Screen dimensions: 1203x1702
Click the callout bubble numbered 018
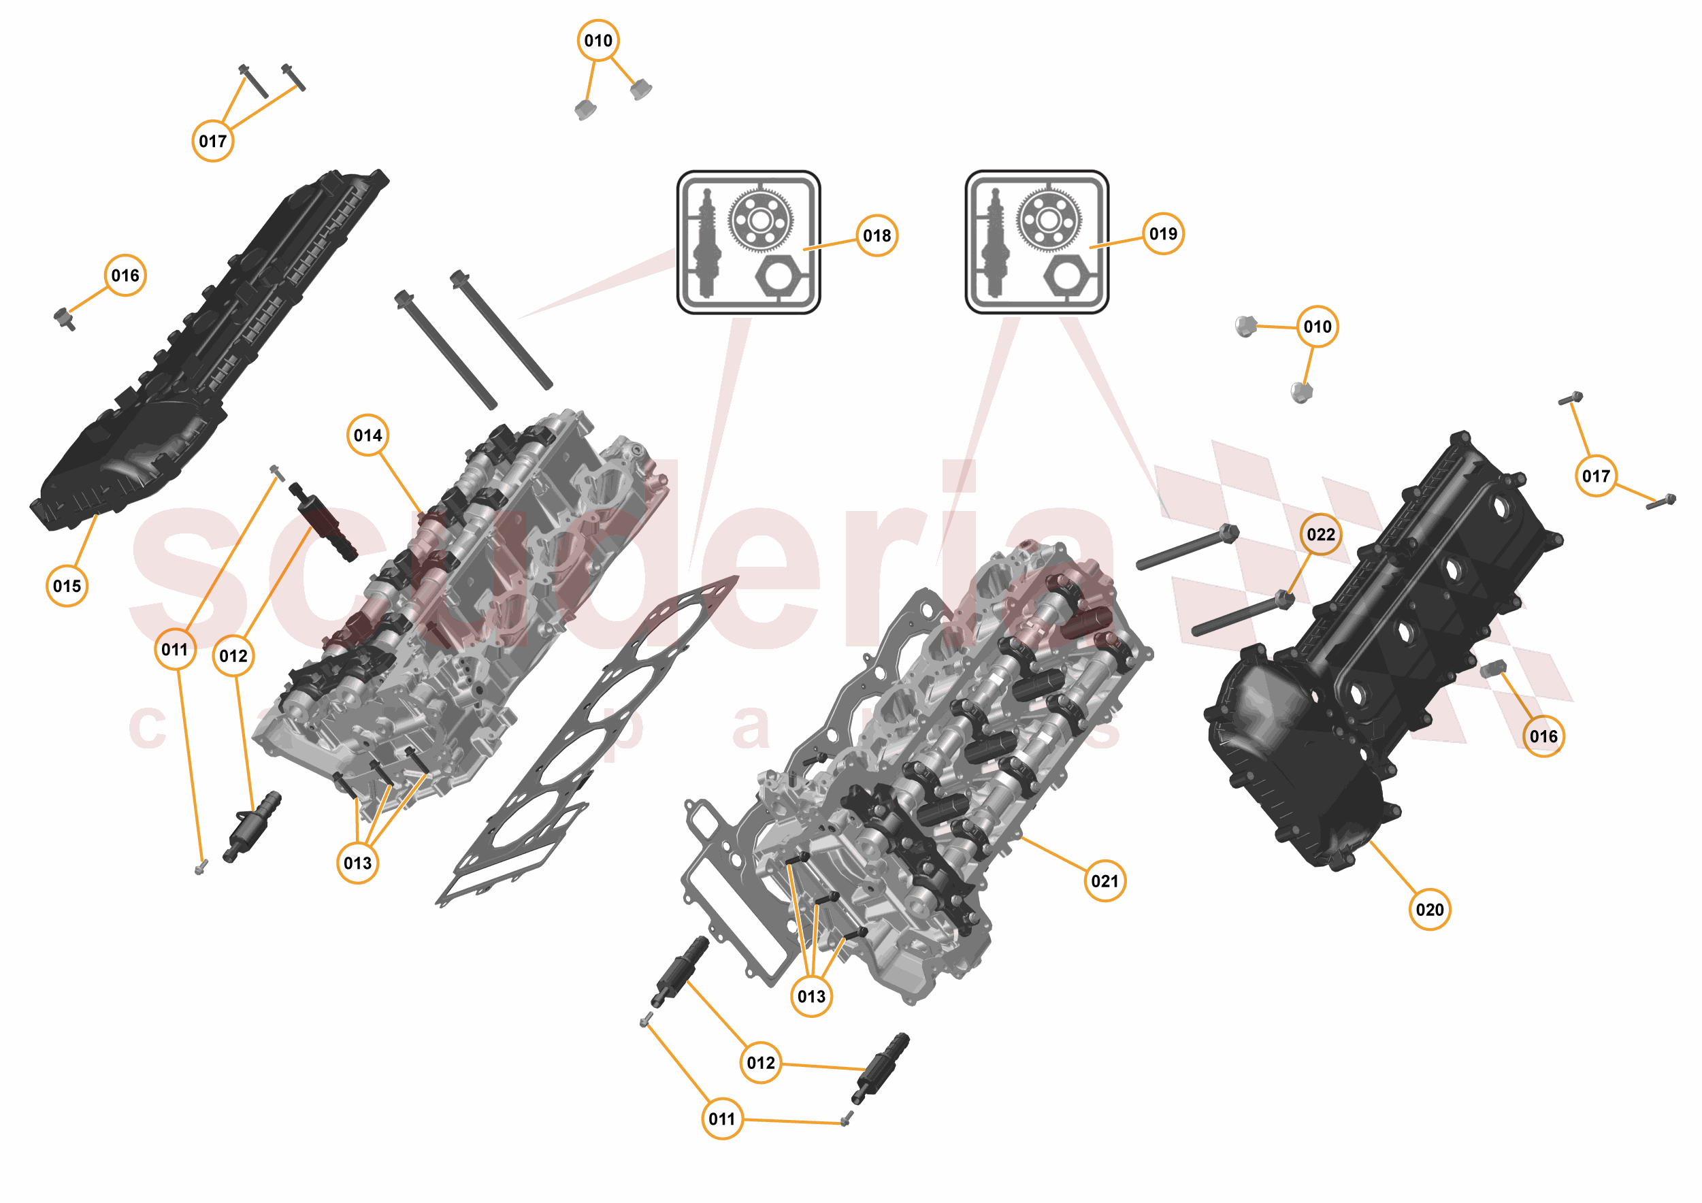point(877,235)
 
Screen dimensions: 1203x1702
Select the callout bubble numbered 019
point(1162,233)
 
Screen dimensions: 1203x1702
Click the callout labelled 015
point(67,586)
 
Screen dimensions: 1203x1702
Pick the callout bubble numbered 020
point(1428,910)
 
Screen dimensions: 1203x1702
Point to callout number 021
point(1104,880)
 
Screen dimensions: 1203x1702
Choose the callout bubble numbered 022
point(1320,534)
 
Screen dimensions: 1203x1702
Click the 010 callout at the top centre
point(598,41)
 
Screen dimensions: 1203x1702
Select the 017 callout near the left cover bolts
point(213,141)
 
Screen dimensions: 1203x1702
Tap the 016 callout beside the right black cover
point(1543,736)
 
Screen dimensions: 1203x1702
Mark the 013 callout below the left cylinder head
point(357,863)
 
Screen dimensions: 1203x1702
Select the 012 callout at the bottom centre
point(761,1063)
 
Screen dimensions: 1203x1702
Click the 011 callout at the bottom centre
point(721,1119)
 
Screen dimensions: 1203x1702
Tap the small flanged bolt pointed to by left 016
point(65,318)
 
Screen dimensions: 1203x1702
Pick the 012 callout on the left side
point(233,656)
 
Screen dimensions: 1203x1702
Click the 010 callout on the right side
point(1318,326)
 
